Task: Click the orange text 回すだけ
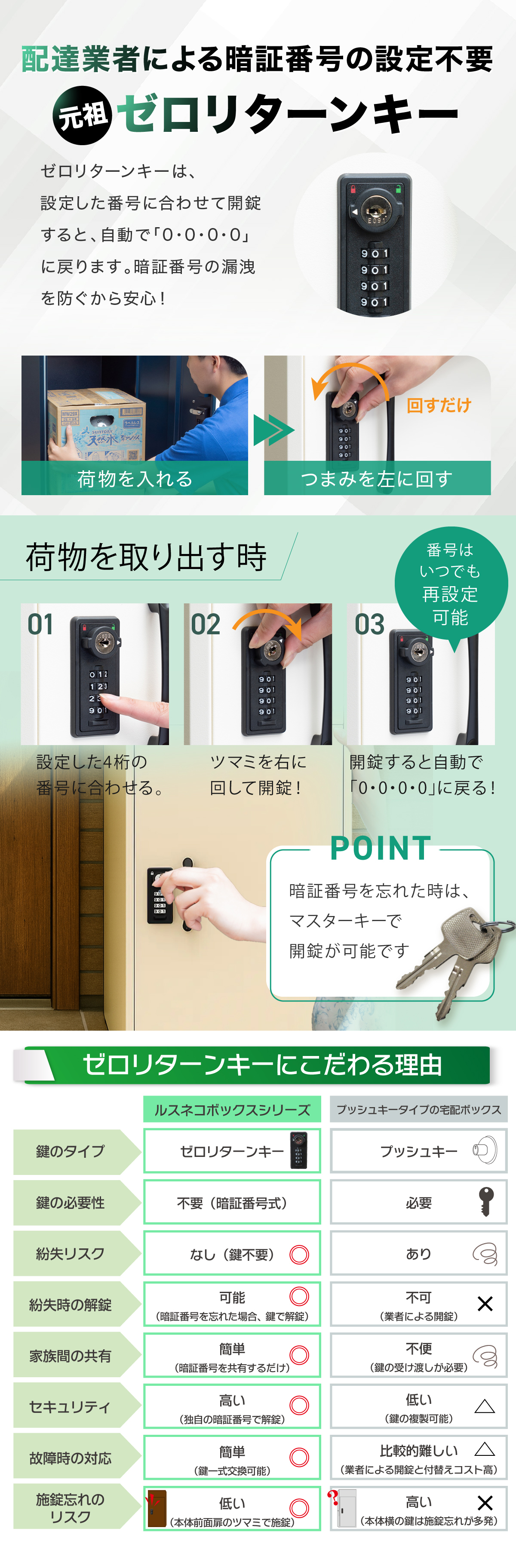439,406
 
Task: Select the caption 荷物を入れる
135,478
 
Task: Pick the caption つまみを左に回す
377,478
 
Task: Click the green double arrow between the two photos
274,430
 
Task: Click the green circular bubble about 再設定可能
451,583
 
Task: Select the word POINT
381,848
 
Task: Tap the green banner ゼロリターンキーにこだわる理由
258,1065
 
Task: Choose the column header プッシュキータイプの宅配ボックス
419,1110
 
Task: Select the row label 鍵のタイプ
70,1151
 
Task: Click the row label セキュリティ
70,1407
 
